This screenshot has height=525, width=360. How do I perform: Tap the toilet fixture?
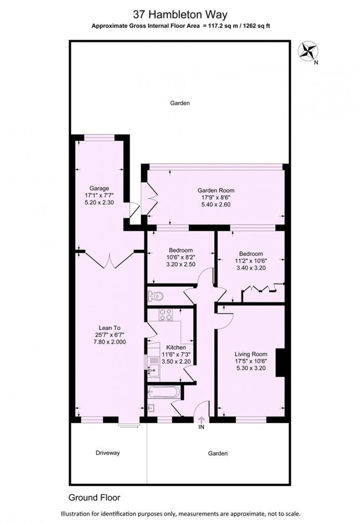click(155, 296)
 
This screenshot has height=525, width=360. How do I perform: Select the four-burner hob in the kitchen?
click(166, 315)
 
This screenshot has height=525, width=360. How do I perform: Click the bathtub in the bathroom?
click(164, 392)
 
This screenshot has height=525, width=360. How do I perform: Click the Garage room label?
click(99, 188)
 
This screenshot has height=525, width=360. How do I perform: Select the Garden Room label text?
click(216, 190)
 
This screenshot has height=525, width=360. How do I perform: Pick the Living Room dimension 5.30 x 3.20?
click(251, 368)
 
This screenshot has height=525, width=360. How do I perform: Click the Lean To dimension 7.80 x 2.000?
click(109, 342)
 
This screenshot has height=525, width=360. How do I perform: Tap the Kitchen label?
click(176, 347)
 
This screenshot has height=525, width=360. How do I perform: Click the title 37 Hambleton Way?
click(180, 15)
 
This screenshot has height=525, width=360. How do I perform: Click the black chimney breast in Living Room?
click(280, 363)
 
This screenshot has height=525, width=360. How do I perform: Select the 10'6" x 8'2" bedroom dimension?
click(181, 257)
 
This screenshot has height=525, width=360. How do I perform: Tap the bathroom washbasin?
click(151, 408)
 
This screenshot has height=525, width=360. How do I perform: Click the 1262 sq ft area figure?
click(257, 26)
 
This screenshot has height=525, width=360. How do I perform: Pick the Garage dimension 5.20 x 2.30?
click(99, 202)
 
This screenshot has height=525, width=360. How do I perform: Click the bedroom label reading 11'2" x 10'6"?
click(251, 261)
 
